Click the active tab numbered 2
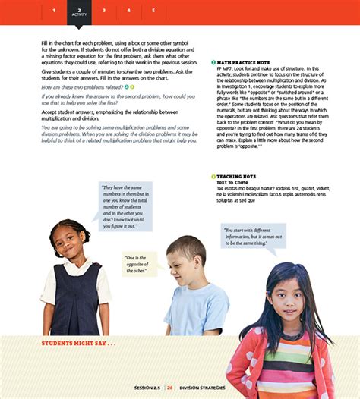(79, 11)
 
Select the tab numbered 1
(54, 11)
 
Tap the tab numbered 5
(153, 11)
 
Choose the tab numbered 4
(129, 11)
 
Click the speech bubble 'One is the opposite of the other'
(138, 264)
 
